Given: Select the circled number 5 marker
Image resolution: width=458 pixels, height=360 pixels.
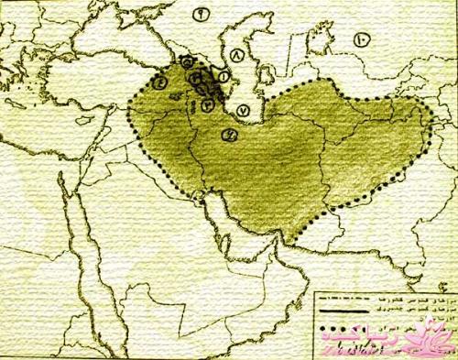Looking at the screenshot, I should tap(188, 61).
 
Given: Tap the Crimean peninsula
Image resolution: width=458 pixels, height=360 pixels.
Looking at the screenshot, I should tap(116, 35).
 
